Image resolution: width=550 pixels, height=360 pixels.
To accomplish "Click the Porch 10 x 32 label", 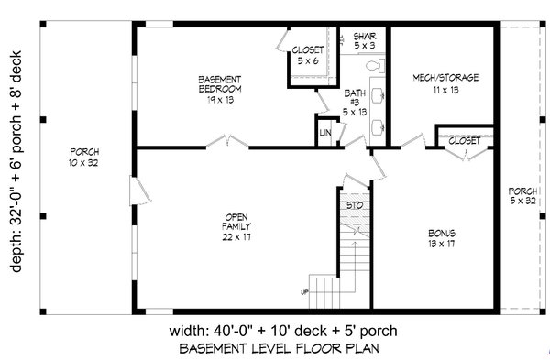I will (x=84, y=157).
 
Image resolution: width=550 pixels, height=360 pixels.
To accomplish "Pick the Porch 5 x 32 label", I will (x=524, y=197).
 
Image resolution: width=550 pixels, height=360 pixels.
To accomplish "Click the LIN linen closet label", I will (x=325, y=134).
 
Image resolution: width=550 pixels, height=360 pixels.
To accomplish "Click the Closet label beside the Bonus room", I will (x=465, y=140).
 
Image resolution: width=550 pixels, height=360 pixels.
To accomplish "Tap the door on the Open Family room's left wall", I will (x=136, y=193).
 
